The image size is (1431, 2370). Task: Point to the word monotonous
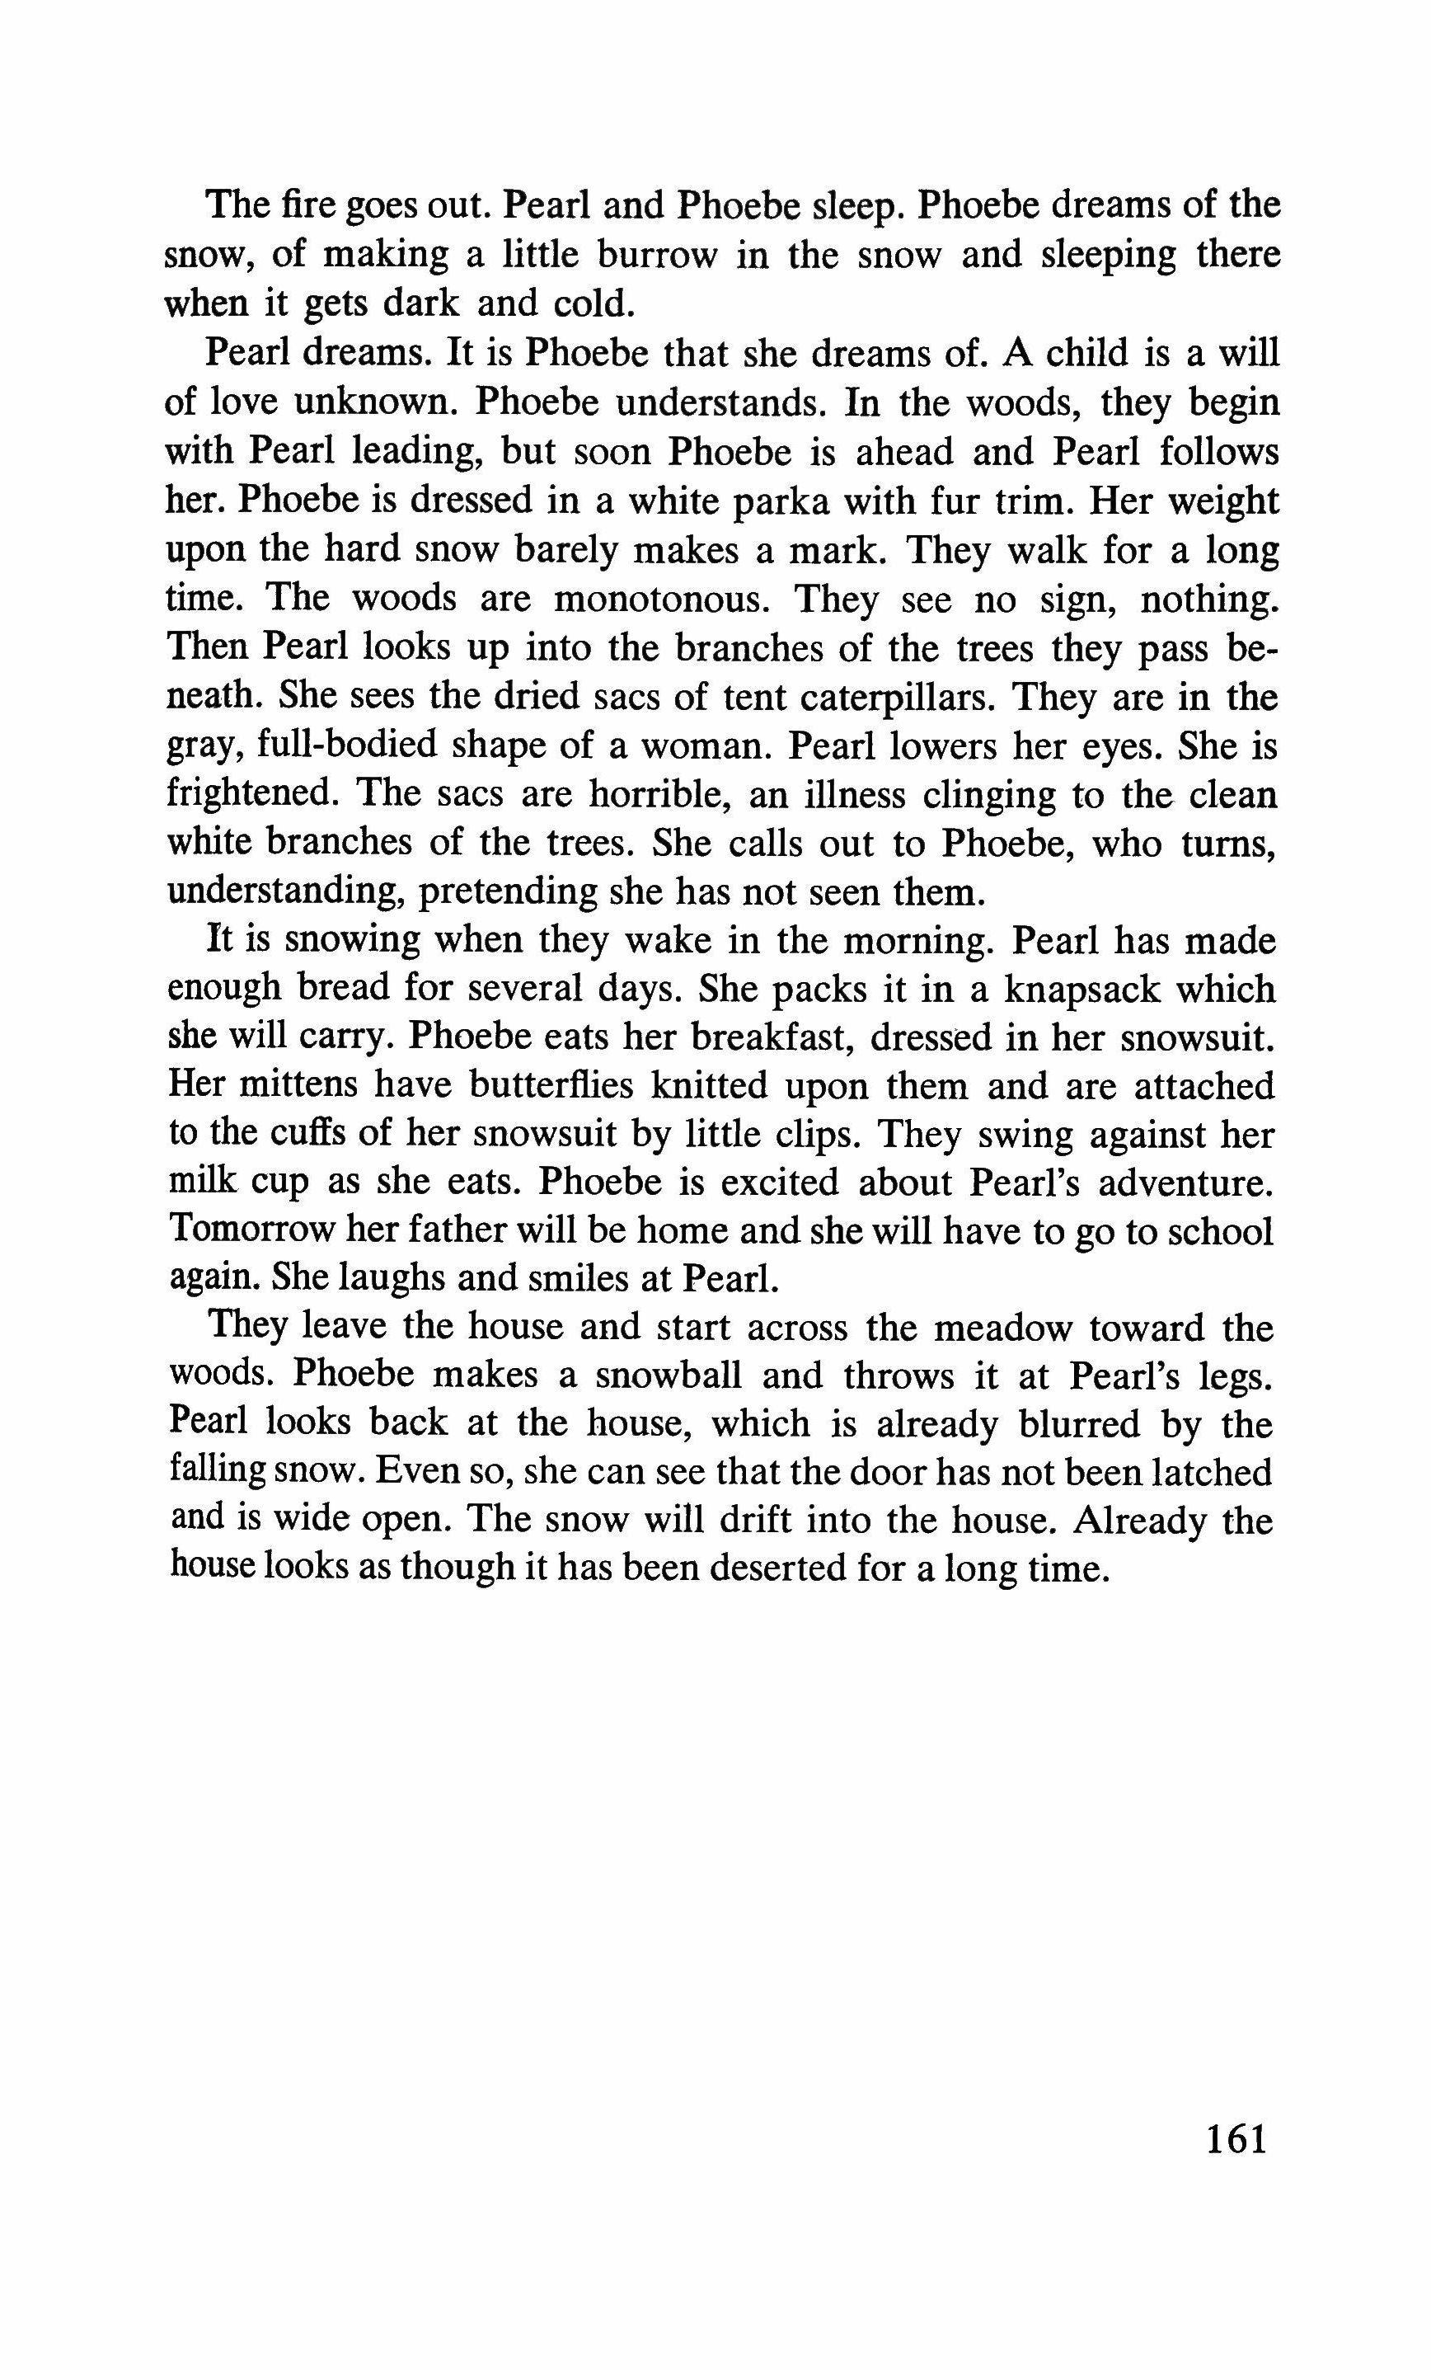[663, 598]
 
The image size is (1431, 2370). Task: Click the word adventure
[1185, 1183]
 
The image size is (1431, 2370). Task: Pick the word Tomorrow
[249, 1232]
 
